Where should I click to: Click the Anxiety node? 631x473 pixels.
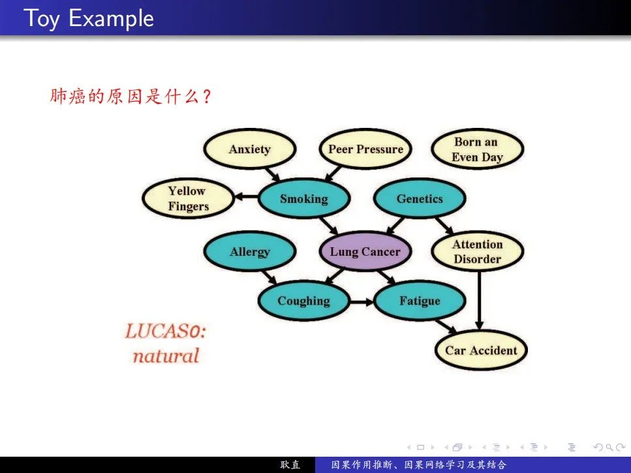pyautogui.click(x=249, y=149)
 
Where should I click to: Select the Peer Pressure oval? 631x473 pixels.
pyautogui.click(x=365, y=149)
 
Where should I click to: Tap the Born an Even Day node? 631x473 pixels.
pyautogui.click(x=477, y=149)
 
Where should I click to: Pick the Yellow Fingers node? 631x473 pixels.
pyautogui.click(x=188, y=199)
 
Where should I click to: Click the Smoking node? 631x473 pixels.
pyautogui.click(x=303, y=199)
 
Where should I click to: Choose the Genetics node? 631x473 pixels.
pyautogui.click(x=419, y=199)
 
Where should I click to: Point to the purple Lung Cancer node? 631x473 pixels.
pyautogui.click(x=365, y=252)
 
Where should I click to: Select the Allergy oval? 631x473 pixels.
pyautogui.click(x=249, y=252)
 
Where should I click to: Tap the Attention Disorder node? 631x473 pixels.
pyautogui.click(x=478, y=252)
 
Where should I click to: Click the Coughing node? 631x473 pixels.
pyautogui.click(x=303, y=301)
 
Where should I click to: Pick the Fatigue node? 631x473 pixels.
pyautogui.click(x=420, y=301)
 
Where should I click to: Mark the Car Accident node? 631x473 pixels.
pyautogui.click(x=480, y=350)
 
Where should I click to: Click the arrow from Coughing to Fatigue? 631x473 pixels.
pyautogui.click(x=362, y=301)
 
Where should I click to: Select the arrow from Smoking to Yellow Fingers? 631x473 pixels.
pyautogui.click(x=246, y=196)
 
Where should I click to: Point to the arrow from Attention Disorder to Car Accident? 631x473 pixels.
pyautogui.click(x=479, y=300)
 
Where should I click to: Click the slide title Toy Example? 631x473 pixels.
pyautogui.click(x=89, y=18)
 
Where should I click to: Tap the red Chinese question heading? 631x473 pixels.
pyautogui.click(x=131, y=97)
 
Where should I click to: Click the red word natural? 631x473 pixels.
pyautogui.click(x=165, y=356)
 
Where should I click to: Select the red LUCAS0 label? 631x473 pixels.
pyautogui.click(x=165, y=331)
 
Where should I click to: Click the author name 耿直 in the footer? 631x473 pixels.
pyautogui.click(x=290, y=465)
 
